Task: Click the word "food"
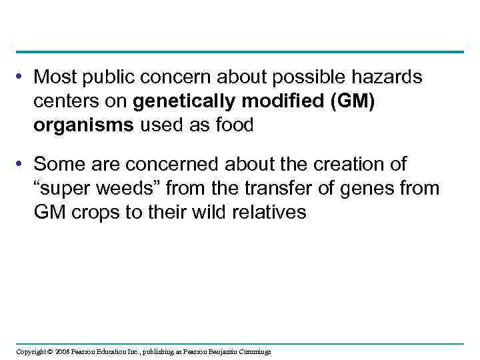click(233, 125)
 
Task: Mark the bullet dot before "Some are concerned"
click(23, 164)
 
